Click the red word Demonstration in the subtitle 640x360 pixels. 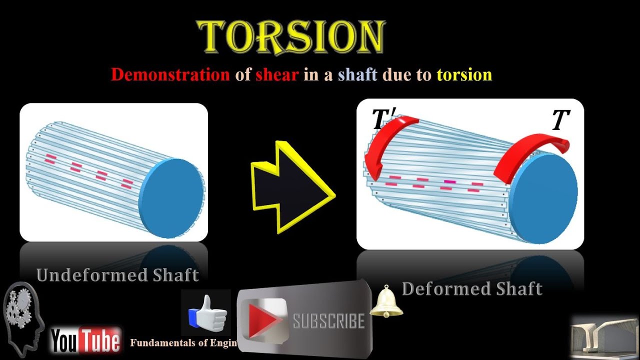pyautogui.click(x=170, y=74)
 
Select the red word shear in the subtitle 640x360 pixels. pyautogui.click(x=277, y=74)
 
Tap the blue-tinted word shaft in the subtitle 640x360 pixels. pyautogui.click(x=357, y=74)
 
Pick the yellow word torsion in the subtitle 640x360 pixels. pyautogui.click(x=464, y=74)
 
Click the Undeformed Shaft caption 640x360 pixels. pyautogui.click(x=117, y=275)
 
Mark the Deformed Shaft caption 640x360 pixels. pyautogui.click(x=472, y=288)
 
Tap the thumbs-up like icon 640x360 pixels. pyautogui.click(x=207, y=313)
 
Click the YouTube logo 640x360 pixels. pyautogui.click(x=86, y=340)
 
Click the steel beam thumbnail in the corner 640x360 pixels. pyautogui.click(x=604, y=337)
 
